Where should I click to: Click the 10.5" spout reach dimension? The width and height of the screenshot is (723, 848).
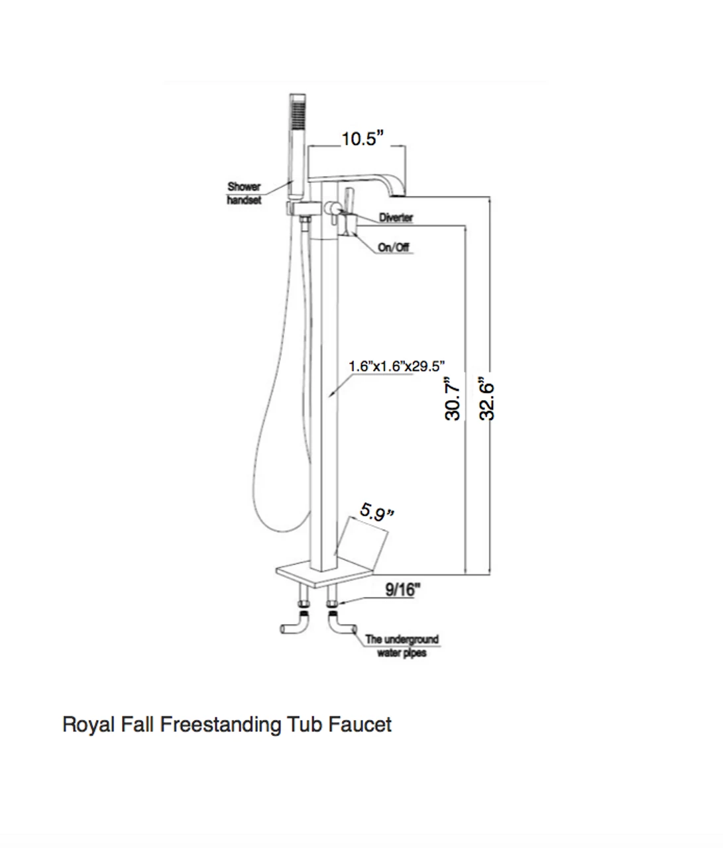tap(362, 139)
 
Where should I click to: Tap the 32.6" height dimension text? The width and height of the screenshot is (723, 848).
tap(488, 399)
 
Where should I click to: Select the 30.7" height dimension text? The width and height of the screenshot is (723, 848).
tap(453, 399)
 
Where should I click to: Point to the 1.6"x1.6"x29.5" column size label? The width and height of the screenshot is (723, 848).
tap(396, 366)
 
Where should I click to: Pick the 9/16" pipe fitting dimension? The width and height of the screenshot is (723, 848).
tap(403, 590)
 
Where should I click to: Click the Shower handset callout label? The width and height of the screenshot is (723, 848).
tap(244, 193)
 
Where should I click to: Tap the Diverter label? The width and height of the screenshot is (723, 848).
tap(396, 218)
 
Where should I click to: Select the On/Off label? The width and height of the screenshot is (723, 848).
tap(393, 247)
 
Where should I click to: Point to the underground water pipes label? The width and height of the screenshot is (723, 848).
tap(402, 646)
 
